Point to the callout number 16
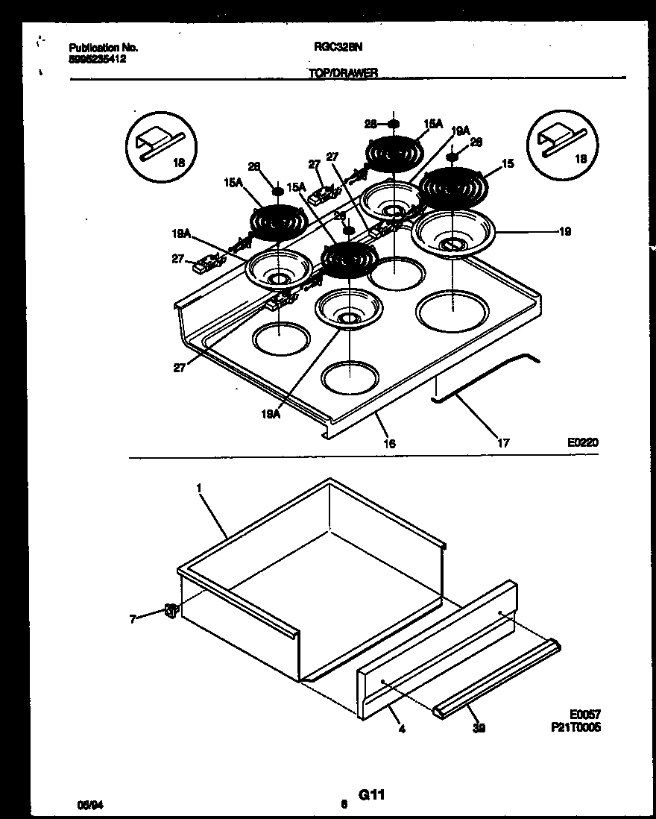[389, 444]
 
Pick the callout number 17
[503, 443]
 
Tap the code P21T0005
[578, 727]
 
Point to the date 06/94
[89, 805]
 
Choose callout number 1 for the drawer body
[199, 488]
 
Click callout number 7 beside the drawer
[133, 618]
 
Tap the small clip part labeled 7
[170, 611]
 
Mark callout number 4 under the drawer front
[402, 729]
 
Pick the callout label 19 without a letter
[564, 232]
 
